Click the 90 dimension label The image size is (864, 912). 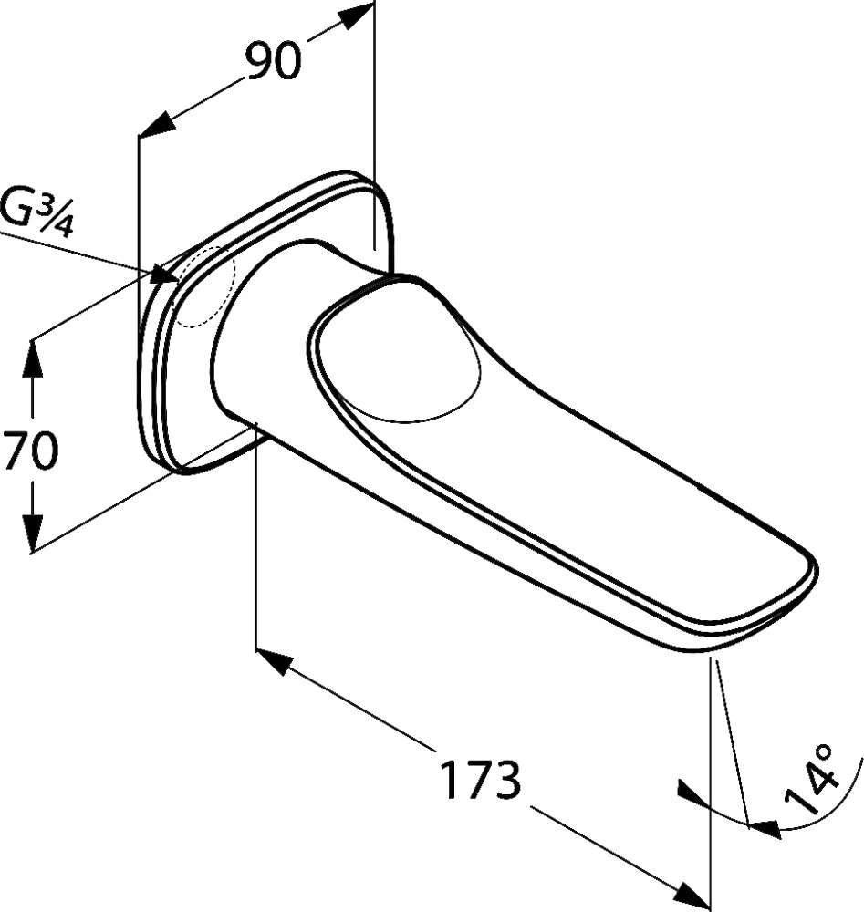coord(274,60)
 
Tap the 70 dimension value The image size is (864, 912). coord(30,450)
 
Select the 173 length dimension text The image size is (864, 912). coord(480,780)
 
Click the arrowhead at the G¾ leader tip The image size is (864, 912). coord(165,275)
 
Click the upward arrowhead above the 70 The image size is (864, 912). coord(31,358)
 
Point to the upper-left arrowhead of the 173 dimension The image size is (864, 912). coord(274,662)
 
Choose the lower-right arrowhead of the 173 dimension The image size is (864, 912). coord(692,896)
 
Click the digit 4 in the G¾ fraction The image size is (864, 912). coord(63,225)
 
